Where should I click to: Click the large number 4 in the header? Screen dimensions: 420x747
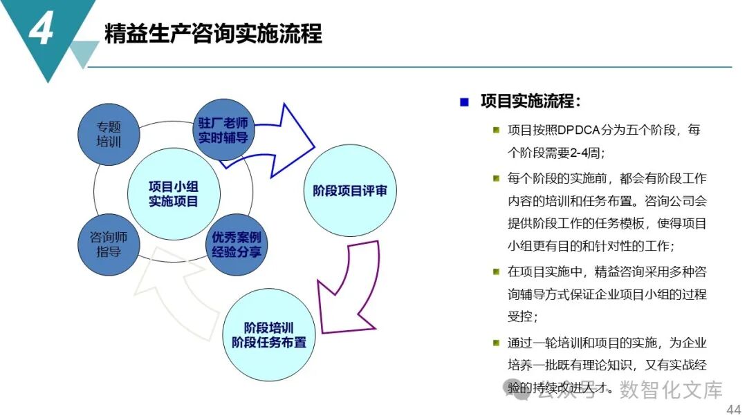tap(41, 30)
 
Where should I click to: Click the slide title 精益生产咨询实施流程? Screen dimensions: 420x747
tap(213, 33)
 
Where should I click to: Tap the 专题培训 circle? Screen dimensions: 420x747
tap(109, 134)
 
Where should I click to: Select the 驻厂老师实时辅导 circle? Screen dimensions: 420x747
tap(223, 130)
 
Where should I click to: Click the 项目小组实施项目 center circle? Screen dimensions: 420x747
tap(174, 194)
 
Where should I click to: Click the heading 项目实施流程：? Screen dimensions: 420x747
tap(531, 102)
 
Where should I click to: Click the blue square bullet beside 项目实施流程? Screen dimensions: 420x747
tap(465, 102)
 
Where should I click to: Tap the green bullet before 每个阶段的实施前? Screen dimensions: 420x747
tap(496, 178)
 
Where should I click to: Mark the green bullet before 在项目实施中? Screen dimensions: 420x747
tap(496, 271)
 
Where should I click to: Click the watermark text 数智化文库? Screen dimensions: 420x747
tap(670, 390)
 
